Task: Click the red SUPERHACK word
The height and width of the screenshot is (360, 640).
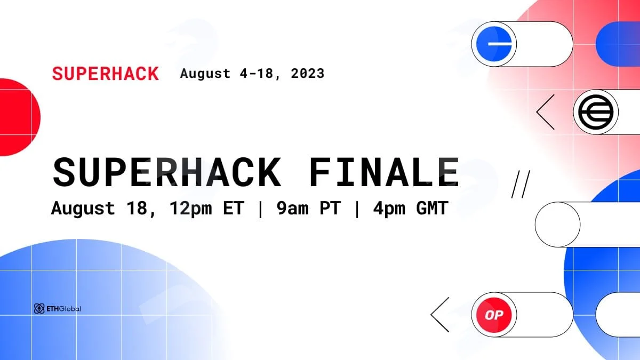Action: [106, 74]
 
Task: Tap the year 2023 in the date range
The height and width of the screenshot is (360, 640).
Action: [307, 74]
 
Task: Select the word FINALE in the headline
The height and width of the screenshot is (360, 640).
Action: [383, 172]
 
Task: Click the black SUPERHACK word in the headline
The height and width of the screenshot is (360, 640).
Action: [166, 172]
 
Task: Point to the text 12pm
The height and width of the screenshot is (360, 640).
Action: [191, 209]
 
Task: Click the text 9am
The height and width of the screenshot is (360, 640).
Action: [293, 208]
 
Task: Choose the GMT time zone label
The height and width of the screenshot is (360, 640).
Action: [431, 208]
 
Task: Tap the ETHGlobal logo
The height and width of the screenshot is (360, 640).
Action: [58, 309]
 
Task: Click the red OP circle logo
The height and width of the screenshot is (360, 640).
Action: [494, 315]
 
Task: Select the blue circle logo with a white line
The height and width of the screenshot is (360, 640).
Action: [494, 44]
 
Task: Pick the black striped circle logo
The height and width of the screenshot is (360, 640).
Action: [596, 111]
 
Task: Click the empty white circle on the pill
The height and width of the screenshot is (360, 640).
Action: [557, 225]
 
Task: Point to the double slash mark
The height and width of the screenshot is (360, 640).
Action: [521, 185]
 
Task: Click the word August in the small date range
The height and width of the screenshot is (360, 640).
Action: [205, 74]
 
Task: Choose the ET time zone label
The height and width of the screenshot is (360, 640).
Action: [234, 208]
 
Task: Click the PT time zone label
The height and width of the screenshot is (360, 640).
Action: [330, 208]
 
